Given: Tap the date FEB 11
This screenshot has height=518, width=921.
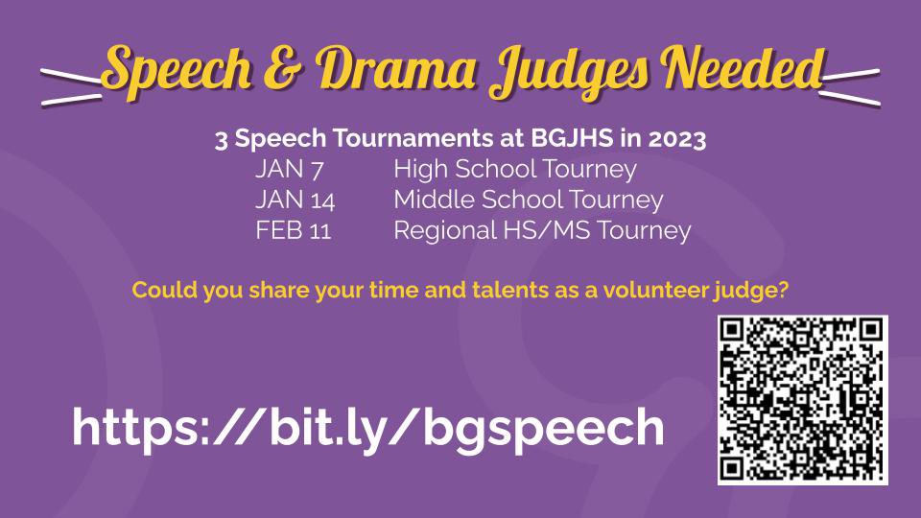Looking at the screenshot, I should (x=294, y=230).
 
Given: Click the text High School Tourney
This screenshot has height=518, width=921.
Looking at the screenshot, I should (x=515, y=171).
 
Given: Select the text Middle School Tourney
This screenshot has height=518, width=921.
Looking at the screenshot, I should (x=529, y=200).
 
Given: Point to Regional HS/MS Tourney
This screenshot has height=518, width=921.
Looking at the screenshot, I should (x=542, y=230).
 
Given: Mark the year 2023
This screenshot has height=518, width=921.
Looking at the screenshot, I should (x=676, y=140).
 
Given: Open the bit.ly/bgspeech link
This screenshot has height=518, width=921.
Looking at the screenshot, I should (x=368, y=427).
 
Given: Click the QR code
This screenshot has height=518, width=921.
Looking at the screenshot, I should (x=802, y=400).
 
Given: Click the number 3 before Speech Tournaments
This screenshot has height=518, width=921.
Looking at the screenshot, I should (x=220, y=140).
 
